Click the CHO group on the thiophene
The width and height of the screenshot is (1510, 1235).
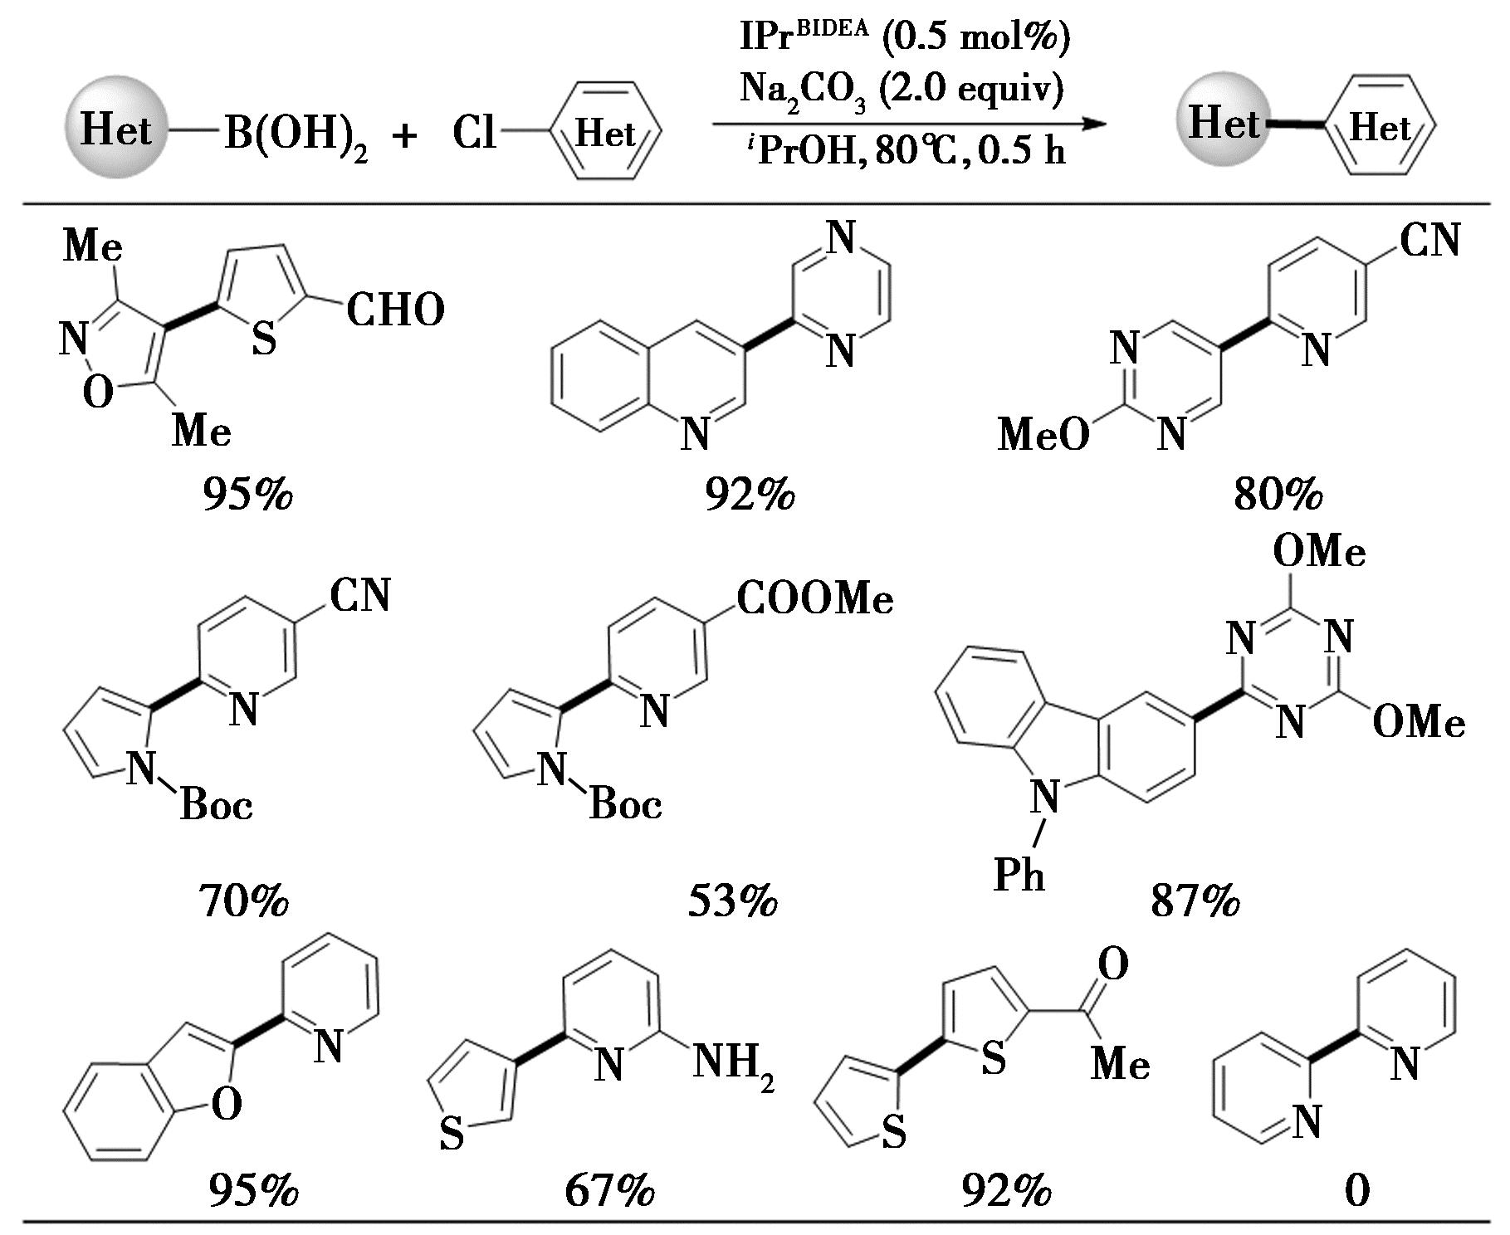(395, 311)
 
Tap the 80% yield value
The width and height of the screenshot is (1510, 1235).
(1278, 495)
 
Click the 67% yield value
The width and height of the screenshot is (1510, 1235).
(609, 1192)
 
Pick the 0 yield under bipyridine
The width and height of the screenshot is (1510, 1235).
(1356, 1192)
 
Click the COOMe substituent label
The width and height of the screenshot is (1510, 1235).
(814, 599)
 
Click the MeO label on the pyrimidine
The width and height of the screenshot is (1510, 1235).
(1043, 433)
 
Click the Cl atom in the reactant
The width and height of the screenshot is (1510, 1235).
(474, 133)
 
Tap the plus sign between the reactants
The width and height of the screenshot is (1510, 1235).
(405, 135)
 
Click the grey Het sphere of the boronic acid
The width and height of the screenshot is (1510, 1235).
(116, 129)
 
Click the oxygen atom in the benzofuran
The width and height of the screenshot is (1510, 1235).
(227, 1105)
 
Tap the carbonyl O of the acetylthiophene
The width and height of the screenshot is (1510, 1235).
(1112, 964)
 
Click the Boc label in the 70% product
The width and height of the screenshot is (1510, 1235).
(216, 804)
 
